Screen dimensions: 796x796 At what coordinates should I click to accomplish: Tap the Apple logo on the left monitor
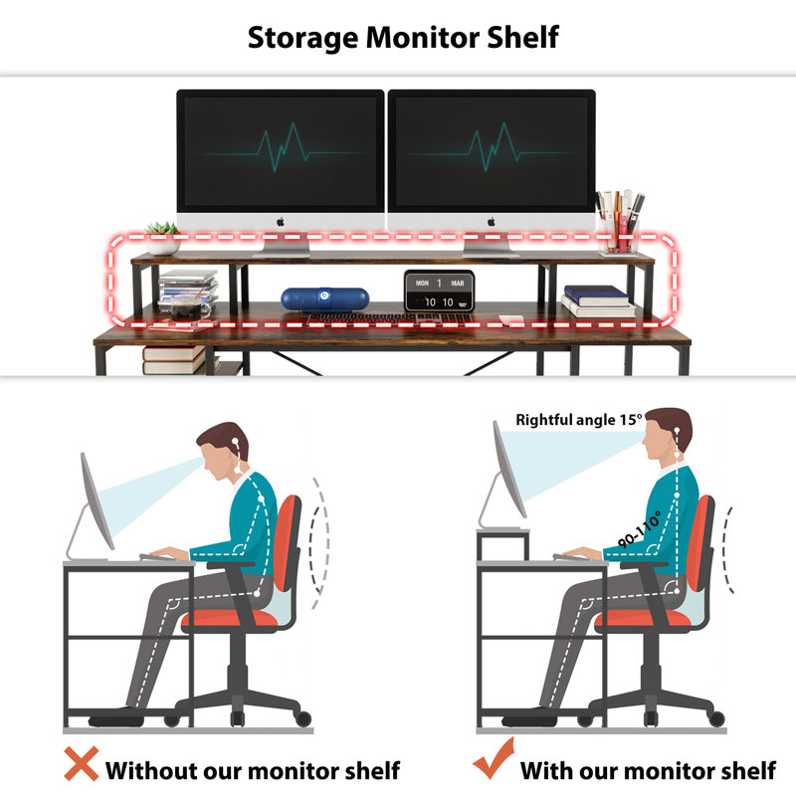point(281,221)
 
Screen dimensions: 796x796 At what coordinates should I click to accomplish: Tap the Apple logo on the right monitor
point(492,221)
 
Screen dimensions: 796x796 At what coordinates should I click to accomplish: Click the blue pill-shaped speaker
point(312,298)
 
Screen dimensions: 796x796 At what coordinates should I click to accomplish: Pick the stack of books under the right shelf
point(598,300)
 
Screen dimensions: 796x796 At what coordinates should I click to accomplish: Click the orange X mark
point(82,764)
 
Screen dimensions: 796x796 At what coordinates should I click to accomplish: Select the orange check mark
point(492,764)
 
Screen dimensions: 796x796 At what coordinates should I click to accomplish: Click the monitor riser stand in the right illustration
point(502,542)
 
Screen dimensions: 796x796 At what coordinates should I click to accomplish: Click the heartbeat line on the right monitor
point(491,149)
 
